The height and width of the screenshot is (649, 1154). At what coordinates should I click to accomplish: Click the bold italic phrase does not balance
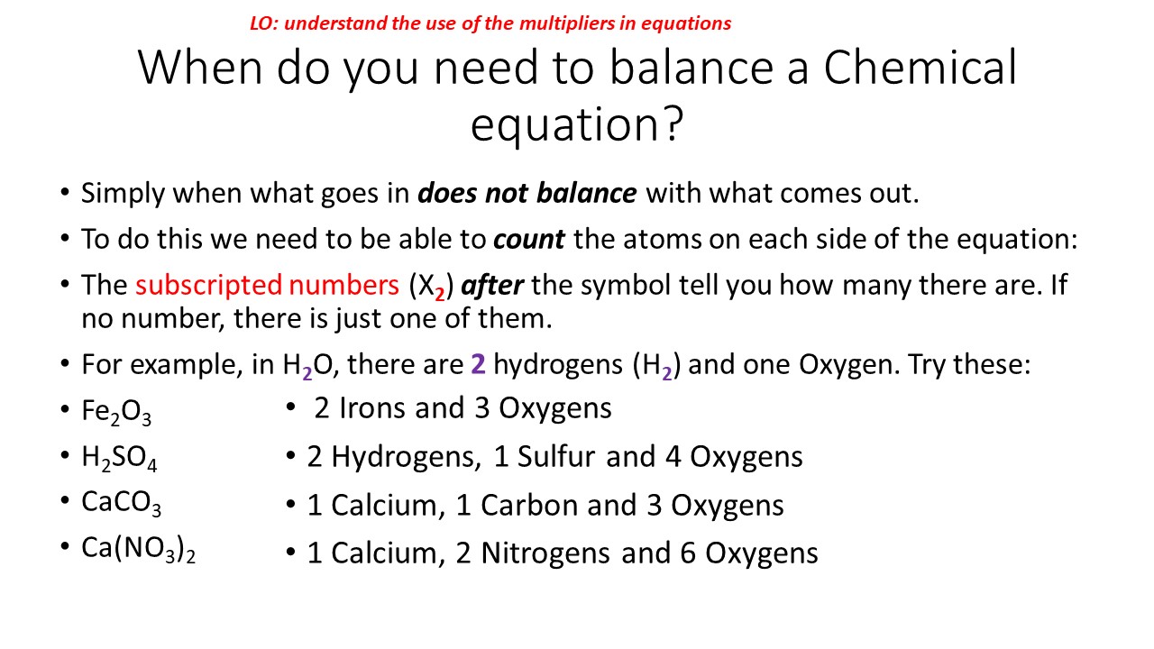(x=527, y=193)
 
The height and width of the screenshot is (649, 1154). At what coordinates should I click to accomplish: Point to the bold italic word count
(x=529, y=239)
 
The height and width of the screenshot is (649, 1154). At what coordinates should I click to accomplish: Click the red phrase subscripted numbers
(x=268, y=285)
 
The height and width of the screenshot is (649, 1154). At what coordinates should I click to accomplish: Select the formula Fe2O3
(x=116, y=413)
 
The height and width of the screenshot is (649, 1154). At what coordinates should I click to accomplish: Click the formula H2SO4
(x=119, y=459)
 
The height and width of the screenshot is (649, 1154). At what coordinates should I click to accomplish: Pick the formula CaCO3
(x=121, y=503)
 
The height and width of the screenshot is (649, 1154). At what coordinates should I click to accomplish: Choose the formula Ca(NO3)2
(x=138, y=549)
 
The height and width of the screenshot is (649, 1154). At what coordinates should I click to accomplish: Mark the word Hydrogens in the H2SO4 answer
(x=405, y=457)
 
